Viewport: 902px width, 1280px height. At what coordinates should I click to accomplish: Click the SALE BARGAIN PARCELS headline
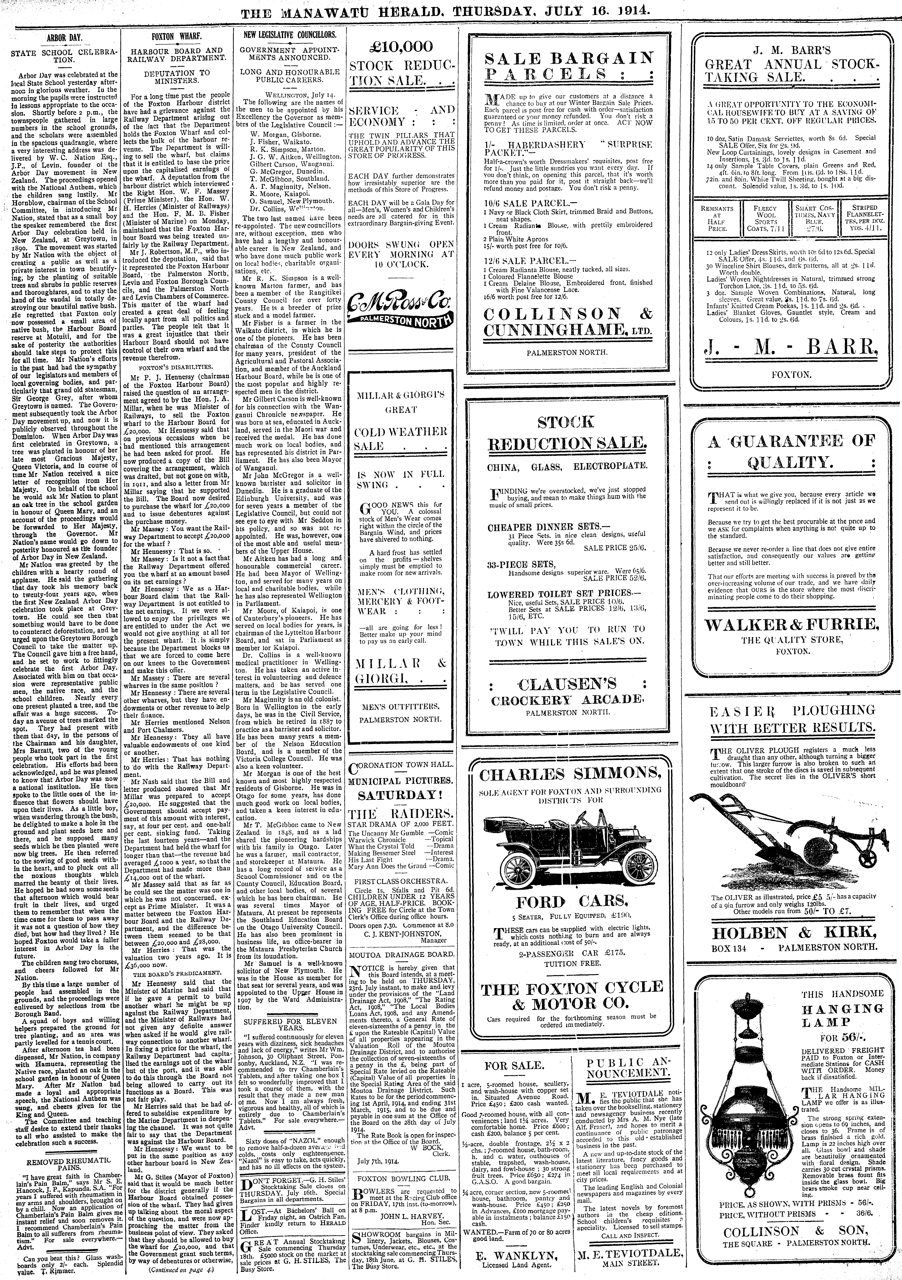point(569,66)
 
